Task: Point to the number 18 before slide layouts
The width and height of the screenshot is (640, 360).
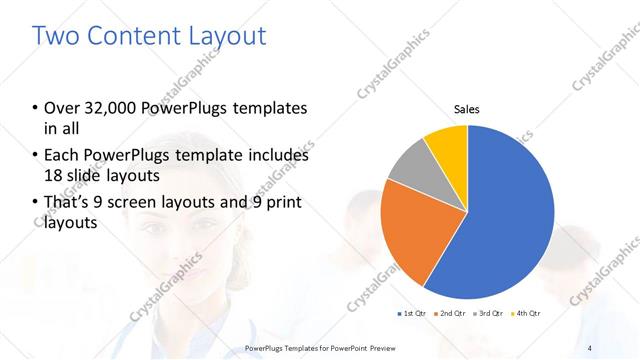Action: (55, 177)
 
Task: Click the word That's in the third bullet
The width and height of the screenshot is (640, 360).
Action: (73, 204)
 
